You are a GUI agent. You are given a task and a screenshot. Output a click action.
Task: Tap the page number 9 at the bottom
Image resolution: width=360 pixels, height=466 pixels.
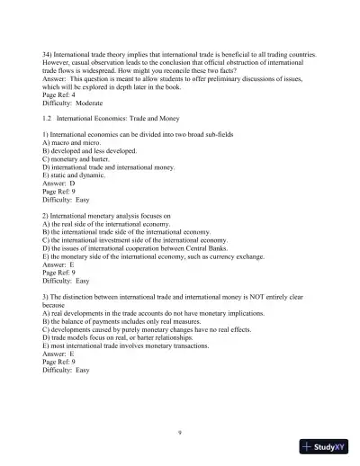click(x=180, y=433)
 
